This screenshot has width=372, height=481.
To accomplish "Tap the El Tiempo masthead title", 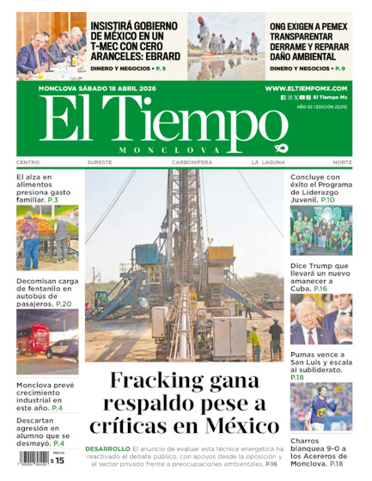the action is [150, 120].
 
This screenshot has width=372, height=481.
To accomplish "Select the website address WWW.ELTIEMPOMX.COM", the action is [306, 88].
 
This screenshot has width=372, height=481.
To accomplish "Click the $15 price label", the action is [57, 460].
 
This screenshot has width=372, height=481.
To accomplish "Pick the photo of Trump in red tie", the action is [320, 320].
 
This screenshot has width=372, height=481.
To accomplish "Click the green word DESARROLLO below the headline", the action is [107, 448].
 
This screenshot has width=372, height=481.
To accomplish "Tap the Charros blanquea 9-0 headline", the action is [320, 452].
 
